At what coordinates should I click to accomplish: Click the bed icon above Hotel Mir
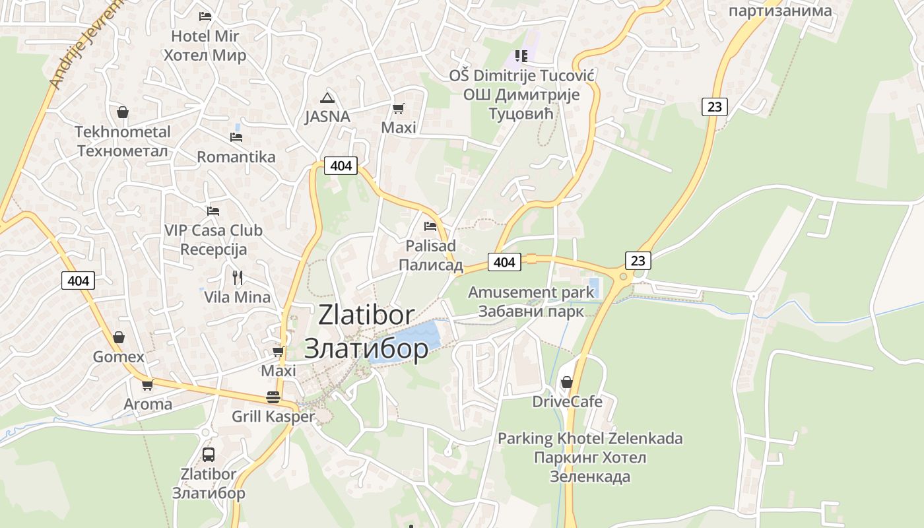[205, 16]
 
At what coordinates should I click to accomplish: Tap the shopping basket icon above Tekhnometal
[122, 112]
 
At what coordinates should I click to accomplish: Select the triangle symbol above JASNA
[327, 98]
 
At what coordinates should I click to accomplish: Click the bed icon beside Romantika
[236, 137]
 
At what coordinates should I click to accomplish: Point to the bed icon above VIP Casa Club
[213, 211]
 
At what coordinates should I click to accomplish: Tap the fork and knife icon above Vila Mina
[238, 277]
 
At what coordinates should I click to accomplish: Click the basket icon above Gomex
[119, 337]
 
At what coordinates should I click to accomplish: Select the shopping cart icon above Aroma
[147, 385]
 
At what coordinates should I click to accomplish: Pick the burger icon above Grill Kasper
[273, 397]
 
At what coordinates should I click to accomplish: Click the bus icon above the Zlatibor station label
[209, 454]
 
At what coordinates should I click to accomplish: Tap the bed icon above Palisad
[430, 226]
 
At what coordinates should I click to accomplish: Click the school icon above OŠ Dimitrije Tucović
[521, 56]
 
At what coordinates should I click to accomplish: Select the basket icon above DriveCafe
[566, 382]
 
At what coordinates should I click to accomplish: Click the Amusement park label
[521, 292]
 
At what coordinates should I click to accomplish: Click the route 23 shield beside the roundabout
[638, 261]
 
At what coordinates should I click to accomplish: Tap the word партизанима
[780, 11]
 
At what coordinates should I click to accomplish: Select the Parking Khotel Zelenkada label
[590, 438]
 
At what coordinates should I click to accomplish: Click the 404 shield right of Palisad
[504, 262]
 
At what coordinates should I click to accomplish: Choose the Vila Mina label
[238, 297]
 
